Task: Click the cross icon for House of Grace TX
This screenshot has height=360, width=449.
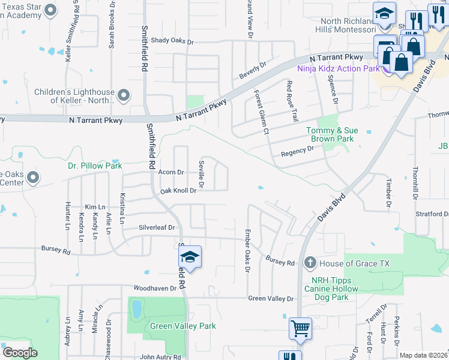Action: click(x=309, y=263)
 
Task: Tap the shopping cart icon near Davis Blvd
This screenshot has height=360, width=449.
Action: click(x=300, y=328)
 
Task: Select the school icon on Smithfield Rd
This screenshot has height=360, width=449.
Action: click(x=190, y=257)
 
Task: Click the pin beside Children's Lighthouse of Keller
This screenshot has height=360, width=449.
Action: click(x=124, y=95)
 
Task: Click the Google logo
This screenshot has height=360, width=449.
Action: click(x=20, y=352)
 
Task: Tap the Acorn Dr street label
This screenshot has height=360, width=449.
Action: click(x=170, y=172)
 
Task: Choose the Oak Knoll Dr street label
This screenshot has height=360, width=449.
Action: click(x=178, y=191)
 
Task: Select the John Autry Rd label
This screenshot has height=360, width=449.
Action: click(x=160, y=357)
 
